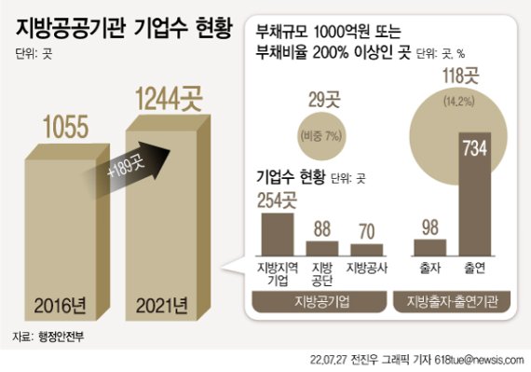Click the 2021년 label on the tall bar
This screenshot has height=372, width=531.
(168, 305)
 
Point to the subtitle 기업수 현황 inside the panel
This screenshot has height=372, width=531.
(292, 174)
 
